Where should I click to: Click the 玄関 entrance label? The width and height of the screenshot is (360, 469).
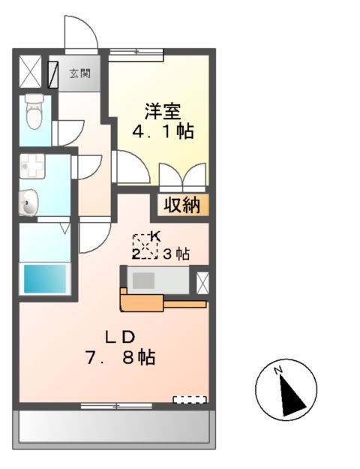[80, 74]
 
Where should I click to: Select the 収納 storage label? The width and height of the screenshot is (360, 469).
[182, 204]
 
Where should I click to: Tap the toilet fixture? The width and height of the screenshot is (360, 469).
[32, 113]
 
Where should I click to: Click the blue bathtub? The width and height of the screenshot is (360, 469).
[46, 278]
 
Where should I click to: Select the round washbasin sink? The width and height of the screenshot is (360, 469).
[28, 202]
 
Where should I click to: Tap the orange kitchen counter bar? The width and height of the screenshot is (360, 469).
[161, 303]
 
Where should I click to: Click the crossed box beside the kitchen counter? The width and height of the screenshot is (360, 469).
[202, 281]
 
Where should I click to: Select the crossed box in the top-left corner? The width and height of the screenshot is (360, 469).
[31, 74]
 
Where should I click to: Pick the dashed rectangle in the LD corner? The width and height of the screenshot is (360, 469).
[189, 398]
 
